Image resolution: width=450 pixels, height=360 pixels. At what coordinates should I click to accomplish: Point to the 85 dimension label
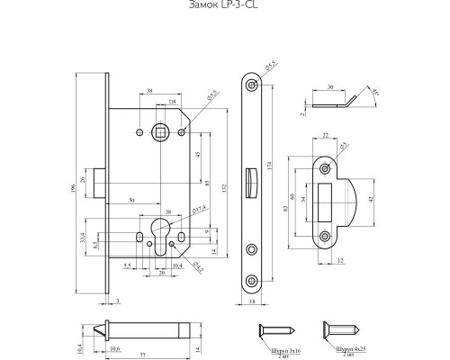pyautogui.click(x=208, y=184)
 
